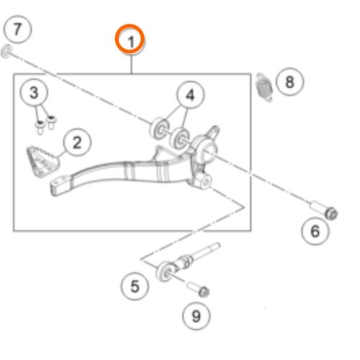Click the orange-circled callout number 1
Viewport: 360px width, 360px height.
[132, 40]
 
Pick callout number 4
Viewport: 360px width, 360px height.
[191, 95]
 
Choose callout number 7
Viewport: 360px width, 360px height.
[18, 30]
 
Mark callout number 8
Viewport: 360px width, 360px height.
[289, 81]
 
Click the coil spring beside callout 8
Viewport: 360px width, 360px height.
[264, 86]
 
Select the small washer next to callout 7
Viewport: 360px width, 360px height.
[6, 50]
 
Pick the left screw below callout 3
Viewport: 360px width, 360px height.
[39, 127]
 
